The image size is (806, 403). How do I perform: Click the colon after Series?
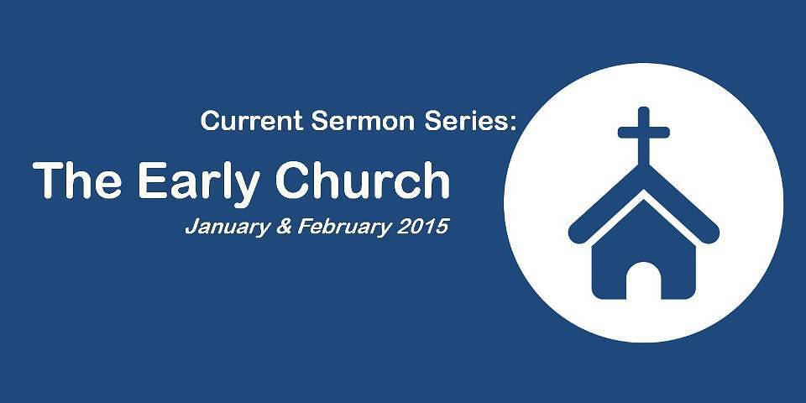click(511, 124)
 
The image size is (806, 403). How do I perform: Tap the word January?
click(228, 227)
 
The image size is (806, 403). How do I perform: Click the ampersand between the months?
click(284, 226)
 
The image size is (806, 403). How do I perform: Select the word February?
click(344, 227)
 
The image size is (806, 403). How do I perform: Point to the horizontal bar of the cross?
click(644, 133)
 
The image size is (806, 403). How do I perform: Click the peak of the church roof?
click(644, 165)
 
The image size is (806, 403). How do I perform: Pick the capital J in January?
click(191, 226)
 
